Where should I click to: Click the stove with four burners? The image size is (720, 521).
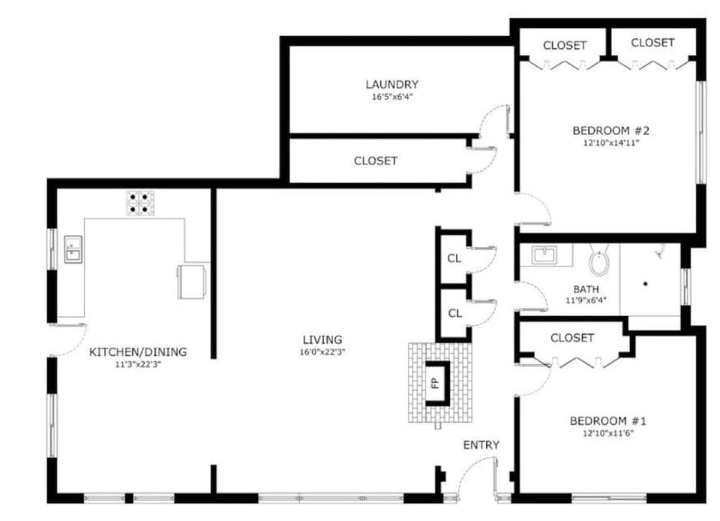coord(140,204)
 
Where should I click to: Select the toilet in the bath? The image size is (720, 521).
coord(600,260)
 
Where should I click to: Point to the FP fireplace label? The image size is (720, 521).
coord(434,383)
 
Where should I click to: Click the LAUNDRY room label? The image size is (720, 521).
coord(391,84)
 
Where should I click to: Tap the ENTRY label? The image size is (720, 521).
coord(481,445)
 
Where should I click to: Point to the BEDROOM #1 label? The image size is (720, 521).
coord(607,420)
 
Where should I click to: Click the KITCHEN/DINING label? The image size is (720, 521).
coord(138,351)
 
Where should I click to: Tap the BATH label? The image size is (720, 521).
coord(586,288)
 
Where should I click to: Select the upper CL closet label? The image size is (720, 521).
coord(454,259)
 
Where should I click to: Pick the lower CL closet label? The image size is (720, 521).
coord(454,313)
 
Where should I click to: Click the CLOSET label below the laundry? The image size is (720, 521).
coord(375,161)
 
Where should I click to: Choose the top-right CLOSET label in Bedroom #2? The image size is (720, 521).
coord(652,43)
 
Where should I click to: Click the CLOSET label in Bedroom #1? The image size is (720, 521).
coord(572,338)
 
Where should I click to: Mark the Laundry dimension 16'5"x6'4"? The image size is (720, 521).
coord(391,97)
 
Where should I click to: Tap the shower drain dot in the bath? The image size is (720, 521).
coord(645,285)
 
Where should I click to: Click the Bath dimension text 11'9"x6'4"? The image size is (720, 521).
coord(586,300)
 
